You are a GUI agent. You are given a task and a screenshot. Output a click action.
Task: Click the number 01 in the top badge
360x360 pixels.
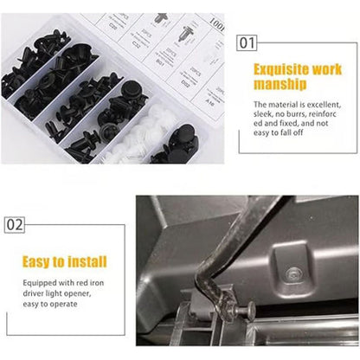[247, 41]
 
